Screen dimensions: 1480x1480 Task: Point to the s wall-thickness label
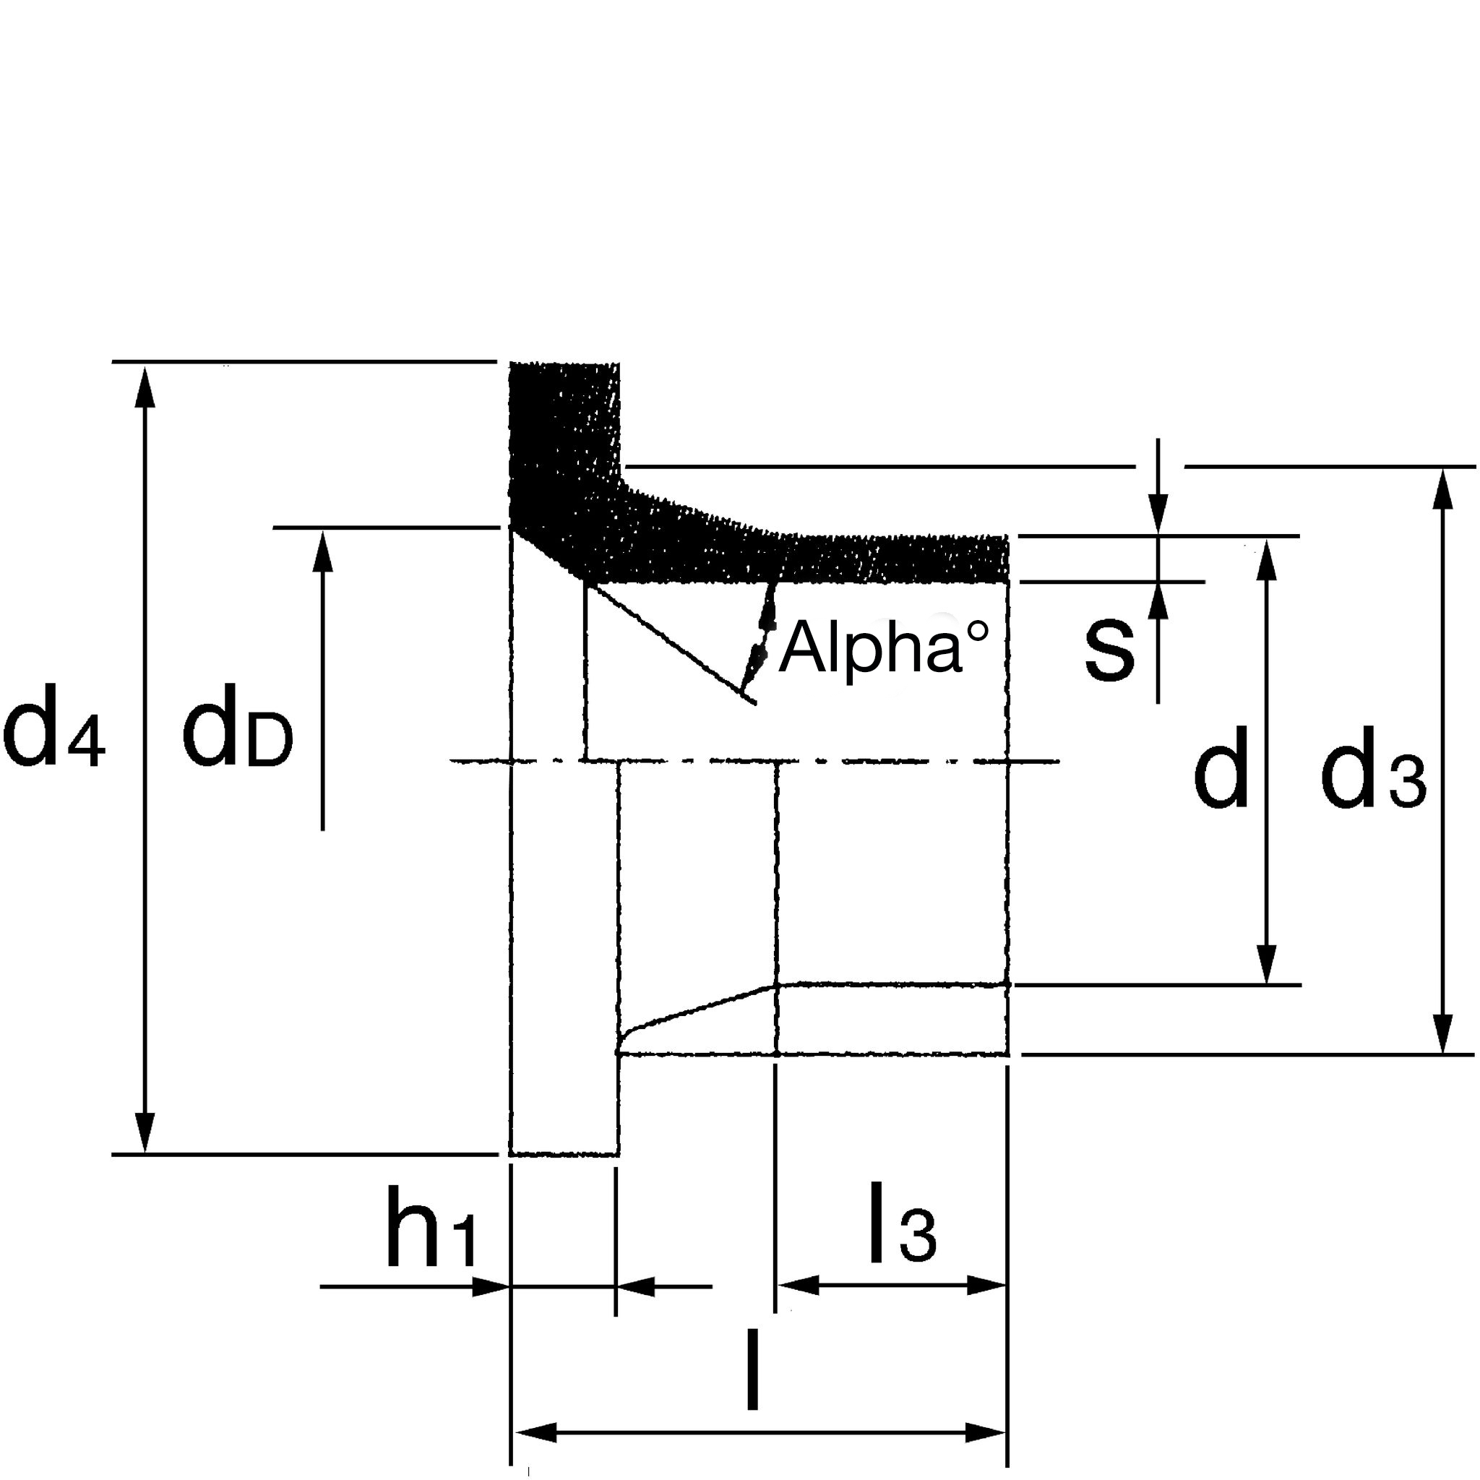click(x=1109, y=652)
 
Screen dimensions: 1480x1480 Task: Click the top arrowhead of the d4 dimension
click(x=145, y=387)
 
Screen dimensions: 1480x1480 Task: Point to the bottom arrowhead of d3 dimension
click(x=1443, y=1033)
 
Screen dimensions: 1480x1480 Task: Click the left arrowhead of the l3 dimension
click(x=799, y=1285)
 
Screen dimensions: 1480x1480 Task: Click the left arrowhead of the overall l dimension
click(x=536, y=1411)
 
